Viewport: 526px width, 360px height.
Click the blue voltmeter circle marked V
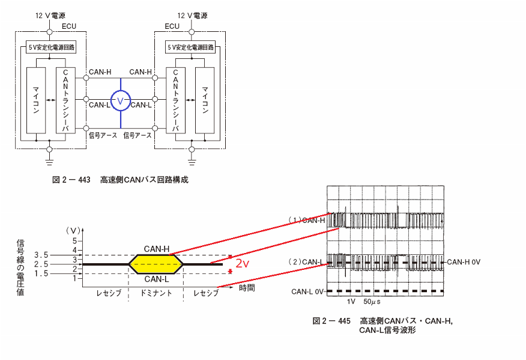121,91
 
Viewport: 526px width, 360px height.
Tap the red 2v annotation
242,264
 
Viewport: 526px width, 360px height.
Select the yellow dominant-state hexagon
156,264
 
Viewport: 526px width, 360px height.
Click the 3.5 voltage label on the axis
41,255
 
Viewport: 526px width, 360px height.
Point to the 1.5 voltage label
41,273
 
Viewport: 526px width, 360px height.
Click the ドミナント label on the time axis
156,293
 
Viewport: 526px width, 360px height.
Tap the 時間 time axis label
247,288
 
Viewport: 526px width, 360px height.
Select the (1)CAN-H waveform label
307,220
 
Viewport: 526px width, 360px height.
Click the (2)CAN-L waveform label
307,261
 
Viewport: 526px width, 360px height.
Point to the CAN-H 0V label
464,261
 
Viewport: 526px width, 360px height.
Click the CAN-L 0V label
307,291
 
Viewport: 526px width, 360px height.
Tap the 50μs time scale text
372,302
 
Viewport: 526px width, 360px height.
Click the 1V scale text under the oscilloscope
351,302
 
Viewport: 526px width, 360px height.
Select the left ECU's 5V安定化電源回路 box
51,47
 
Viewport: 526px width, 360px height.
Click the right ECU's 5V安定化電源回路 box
190,47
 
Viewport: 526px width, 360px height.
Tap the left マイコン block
36,100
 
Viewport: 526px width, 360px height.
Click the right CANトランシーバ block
175,100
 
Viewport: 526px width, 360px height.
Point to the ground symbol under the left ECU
49,162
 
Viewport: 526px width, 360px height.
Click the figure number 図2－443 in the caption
71,180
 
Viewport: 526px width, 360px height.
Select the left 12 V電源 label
50,16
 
